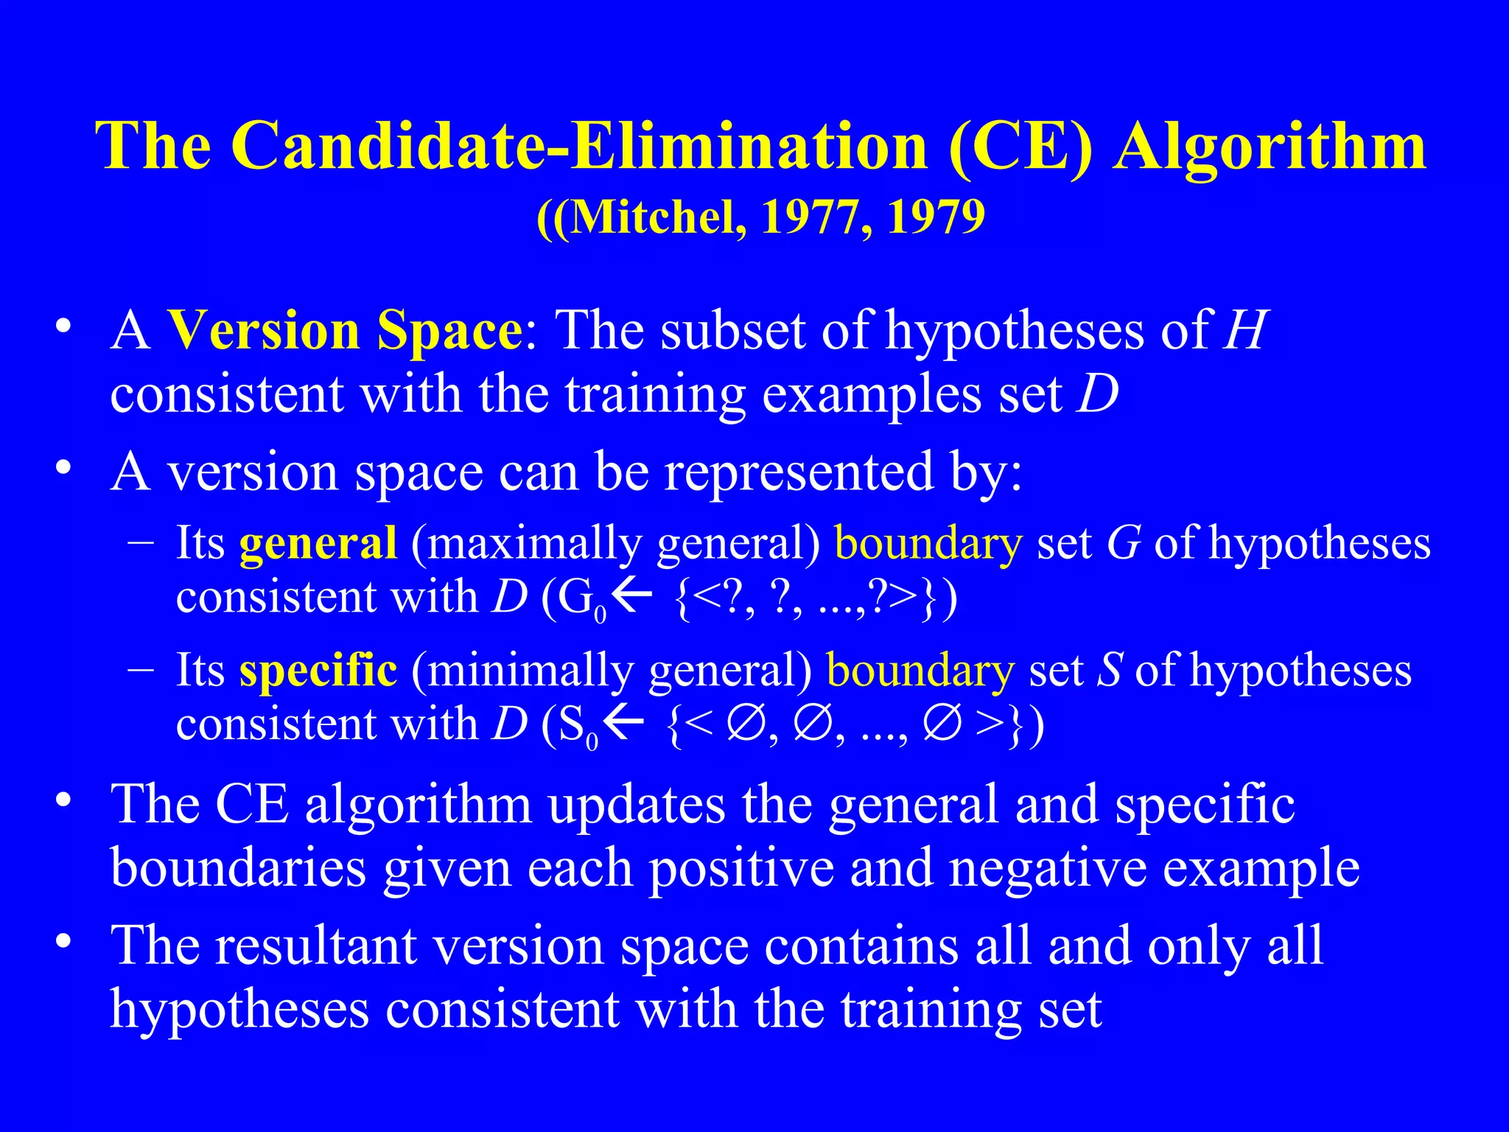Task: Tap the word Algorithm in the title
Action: pyautogui.click(x=1269, y=147)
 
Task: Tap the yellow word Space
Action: pyautogui.click(x=449, y=331)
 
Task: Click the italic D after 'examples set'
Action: pyautogui.click(x=1097, y=394)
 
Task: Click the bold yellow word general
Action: pyautogui.click(x=318, y=544)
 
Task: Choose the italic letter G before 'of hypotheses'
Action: pyautogui.click(x=1124, y=544)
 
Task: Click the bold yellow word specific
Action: pyautogui.click(x=318, y=671)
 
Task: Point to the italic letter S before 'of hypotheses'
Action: pyautogui.click(x=1110, y=671)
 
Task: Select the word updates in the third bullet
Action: pyautogui.click(x=636, y=805)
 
